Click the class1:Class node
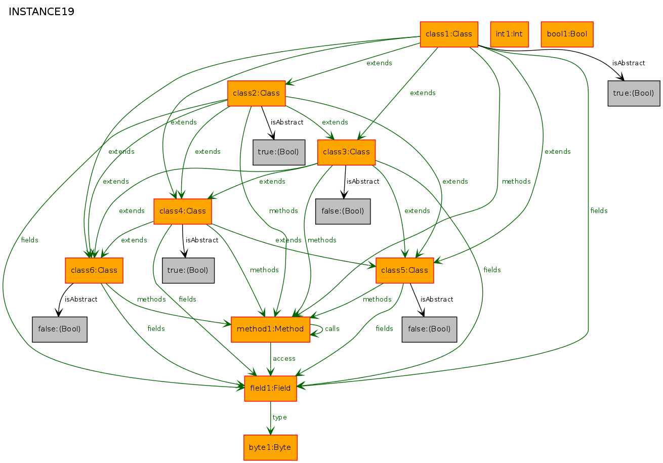(449, 34)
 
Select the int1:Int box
(509, 34)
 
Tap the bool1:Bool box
(567, 34)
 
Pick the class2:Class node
(256, 93)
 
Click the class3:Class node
(346, 152)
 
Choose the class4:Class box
(183, 211)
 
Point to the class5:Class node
(404, 270)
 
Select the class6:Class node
(94, 270)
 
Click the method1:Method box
(271, 329)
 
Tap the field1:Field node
(271, 389)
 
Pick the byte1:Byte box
(271, 448)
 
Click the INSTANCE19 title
(42, 12)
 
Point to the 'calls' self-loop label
(332, 329)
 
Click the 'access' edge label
(284, 359)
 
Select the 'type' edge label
(280, 417)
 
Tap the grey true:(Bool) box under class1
(634, 93)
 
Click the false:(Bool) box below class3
(343, 211)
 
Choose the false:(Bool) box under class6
(60, 329)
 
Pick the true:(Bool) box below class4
(188, 270)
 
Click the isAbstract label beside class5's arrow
(437, 300)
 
